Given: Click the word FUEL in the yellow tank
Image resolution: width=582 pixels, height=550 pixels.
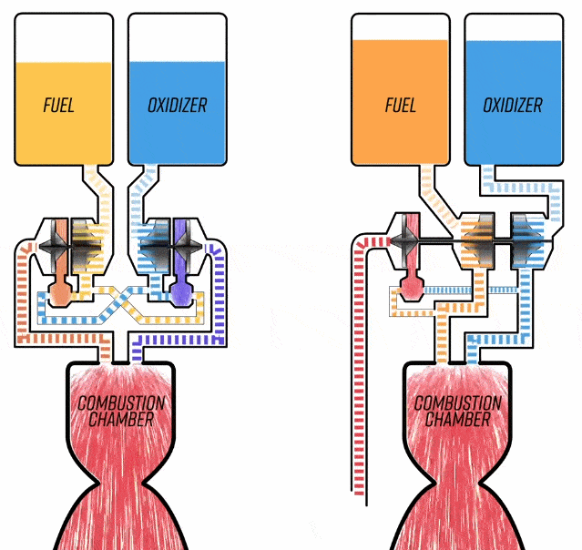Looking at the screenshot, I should coord(59,105).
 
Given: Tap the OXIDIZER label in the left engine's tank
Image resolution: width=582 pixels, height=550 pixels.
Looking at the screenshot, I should coord(177,105).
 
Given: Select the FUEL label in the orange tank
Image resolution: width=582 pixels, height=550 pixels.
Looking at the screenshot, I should coord(400,105).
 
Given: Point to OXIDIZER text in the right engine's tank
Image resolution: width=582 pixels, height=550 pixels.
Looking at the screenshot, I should coord(512,105).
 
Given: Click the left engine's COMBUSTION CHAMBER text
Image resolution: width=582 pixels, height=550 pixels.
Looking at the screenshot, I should coord(121,411).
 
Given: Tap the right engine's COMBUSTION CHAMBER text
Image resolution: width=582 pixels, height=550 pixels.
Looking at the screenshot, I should coord(458,411).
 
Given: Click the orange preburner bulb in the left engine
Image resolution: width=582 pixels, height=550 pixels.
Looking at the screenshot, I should coord(59,290).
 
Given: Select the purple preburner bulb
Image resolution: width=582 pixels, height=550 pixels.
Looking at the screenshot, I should coord(181,290).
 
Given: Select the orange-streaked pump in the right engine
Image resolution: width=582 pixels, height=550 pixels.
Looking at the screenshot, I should coord(477,239).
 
